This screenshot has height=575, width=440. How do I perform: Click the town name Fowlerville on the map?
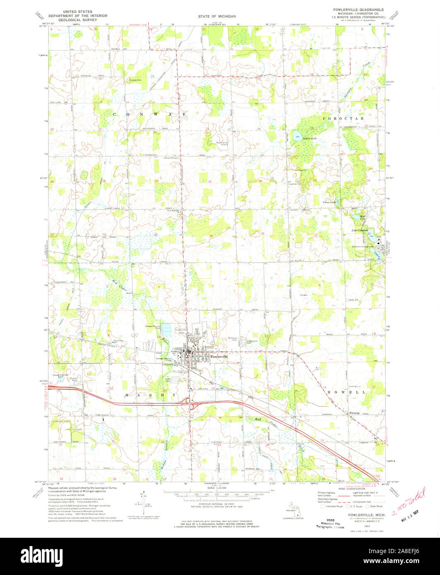(219, 356)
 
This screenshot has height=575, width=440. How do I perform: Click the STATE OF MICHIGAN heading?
(217, 16)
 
